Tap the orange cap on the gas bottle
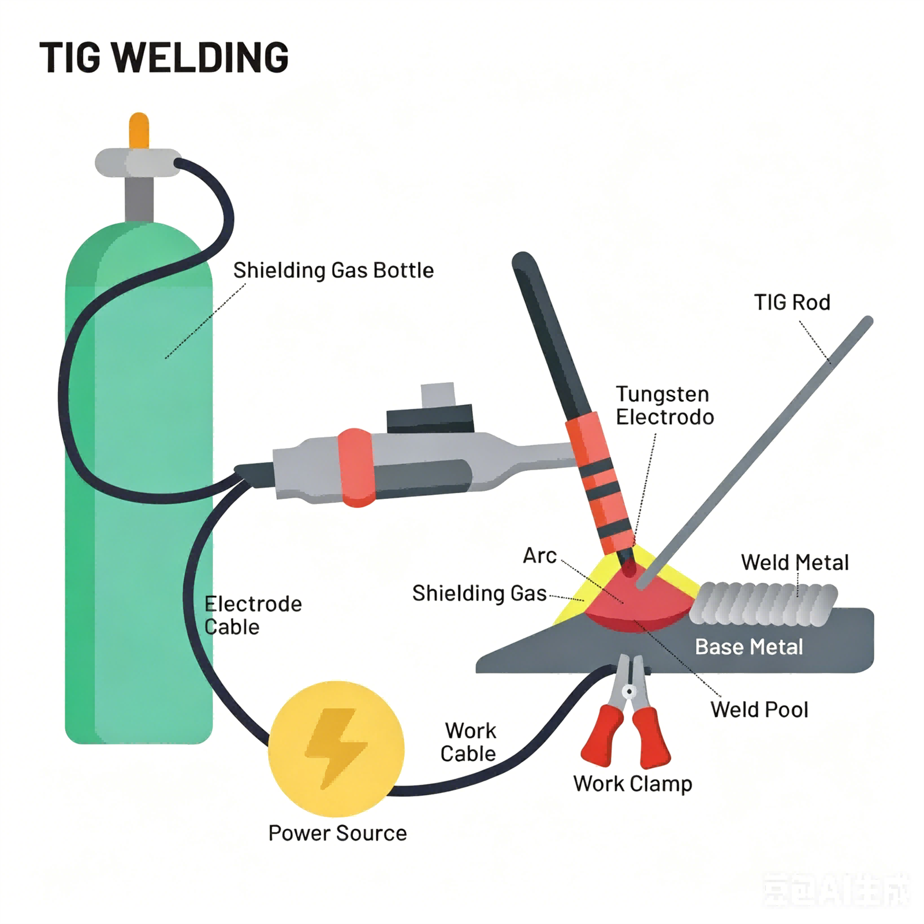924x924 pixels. click(139, 131)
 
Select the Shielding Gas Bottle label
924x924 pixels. click(333, 270)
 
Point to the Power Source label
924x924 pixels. click(338, 833)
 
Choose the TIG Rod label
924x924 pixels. click(792, 302)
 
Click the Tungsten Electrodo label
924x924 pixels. click(665, 405)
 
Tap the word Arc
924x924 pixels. click(539, 556)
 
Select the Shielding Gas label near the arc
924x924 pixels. click(479, 594)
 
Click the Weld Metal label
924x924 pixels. click(795, 562)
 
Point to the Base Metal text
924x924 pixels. click(749, 647)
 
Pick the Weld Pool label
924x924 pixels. click(759, 710)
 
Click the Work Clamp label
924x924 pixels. click(633, 784)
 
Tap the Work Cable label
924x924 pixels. click(468, 742)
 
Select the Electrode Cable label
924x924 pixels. click(253, 616)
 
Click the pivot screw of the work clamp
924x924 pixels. click(629, 691)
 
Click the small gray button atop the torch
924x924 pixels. click(438, 394)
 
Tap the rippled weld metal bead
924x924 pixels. click(763, 604)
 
